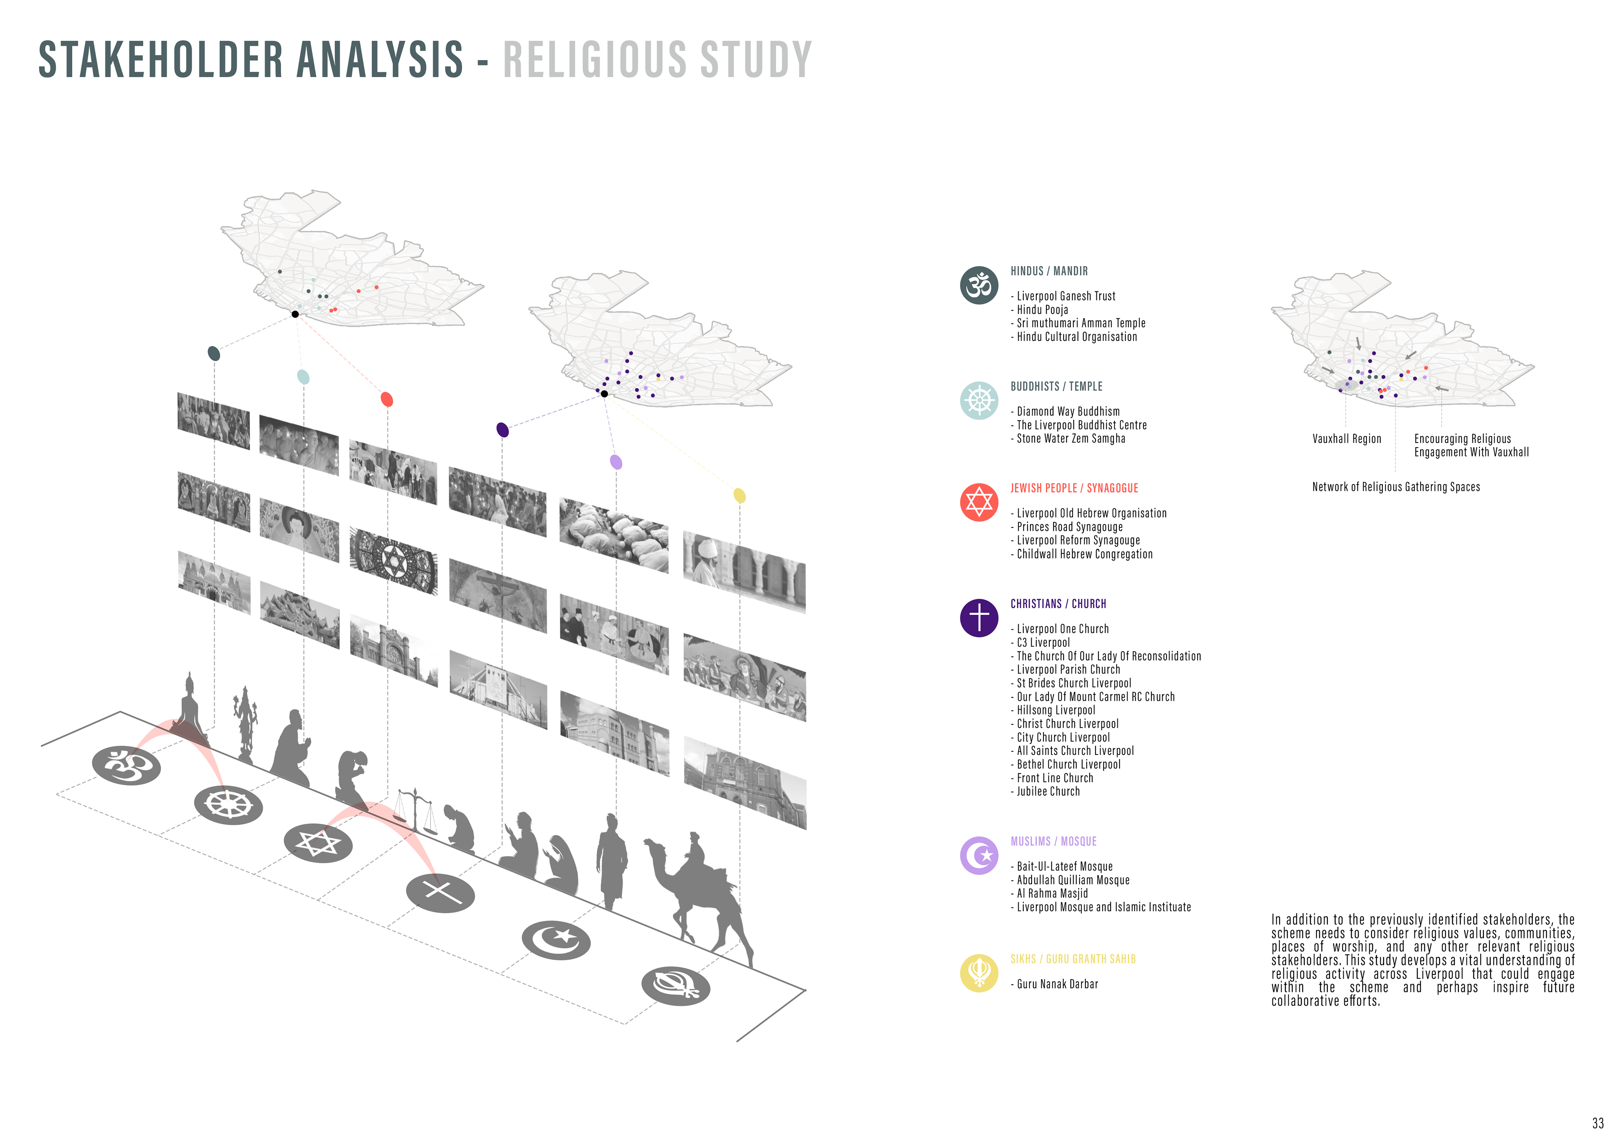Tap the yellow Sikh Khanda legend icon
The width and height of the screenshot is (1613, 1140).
(x=979, y=973)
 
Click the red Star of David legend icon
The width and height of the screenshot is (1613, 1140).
(x=979, y=502)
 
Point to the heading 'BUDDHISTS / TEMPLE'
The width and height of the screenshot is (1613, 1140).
(x=1056, y=386)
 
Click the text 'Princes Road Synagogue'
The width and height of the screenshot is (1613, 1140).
(x=1069, y=527)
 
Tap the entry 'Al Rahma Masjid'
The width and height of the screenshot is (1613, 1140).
(x=1052, y=894)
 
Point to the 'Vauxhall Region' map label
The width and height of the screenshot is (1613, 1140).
(x=1346, y=439)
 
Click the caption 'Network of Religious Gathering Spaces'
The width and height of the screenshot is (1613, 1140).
(x=1395, y=487)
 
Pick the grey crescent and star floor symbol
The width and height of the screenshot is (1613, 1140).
(x=555, y=940)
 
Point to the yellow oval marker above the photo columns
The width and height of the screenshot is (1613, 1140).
(x=739, y=495)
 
